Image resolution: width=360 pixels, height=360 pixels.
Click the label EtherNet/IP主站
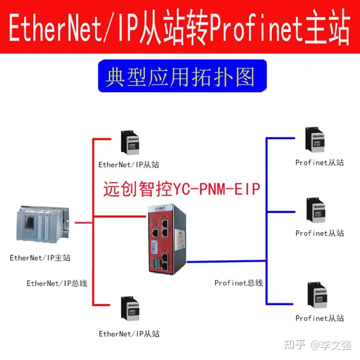pyautogui.click(x=40, y=258)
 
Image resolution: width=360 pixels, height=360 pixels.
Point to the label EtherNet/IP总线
pyautogui.click(x=57, y=283)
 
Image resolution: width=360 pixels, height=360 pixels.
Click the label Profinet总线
pyautogui.click(x=238, y=283)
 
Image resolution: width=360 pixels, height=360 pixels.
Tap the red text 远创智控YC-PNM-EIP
pyautogui.click(x=182, y=188)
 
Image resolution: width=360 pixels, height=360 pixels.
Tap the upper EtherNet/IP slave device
pyautogui.click(x=129, y=143)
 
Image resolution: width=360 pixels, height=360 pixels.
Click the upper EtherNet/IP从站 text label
pyautogui.click(x=129, y=164)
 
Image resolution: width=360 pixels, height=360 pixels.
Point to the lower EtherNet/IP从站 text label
pyautogui.click(x=129, y=333)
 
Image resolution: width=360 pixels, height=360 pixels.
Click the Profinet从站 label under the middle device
pyautogui.click(x=319, y=233)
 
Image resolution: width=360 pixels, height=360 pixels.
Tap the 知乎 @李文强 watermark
pyautogui.click(x=317, y=345)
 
